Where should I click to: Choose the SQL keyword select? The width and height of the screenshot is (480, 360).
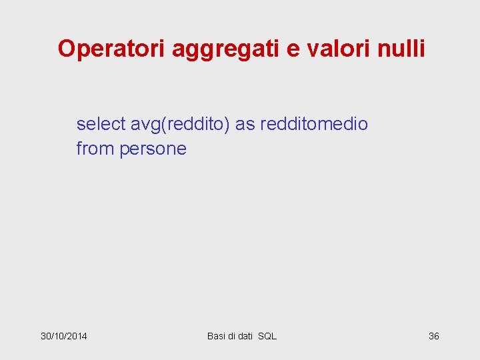pyautogui.click(x=100, y=124)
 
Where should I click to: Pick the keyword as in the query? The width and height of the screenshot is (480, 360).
pyautogui.click(x=245, y=124)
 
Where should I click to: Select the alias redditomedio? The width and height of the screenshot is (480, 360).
pyautogui.click(x=314, y=124)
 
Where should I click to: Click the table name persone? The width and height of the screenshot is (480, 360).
pyautogui.click(x=153, y=149)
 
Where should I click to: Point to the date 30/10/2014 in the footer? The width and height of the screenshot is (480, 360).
pyautogui.click(x=64, y=336)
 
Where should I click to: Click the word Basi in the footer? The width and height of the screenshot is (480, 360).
pyautogui.click(x=217, y=336)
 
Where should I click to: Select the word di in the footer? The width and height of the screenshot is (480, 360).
pyautogui.click(x=232, y=336)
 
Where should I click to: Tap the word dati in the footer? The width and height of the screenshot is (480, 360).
pyautogui.click(x=246, y=336)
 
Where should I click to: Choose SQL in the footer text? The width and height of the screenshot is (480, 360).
pyautogui.click(x=267, y=336)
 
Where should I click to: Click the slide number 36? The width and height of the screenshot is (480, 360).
pyautogui.click(x=433, y=336)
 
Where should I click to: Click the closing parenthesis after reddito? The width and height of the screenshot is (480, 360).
pyautogui.click(x=228, y=124)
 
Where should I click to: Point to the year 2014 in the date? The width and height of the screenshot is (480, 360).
pyautogui.click(x=77, y=336)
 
